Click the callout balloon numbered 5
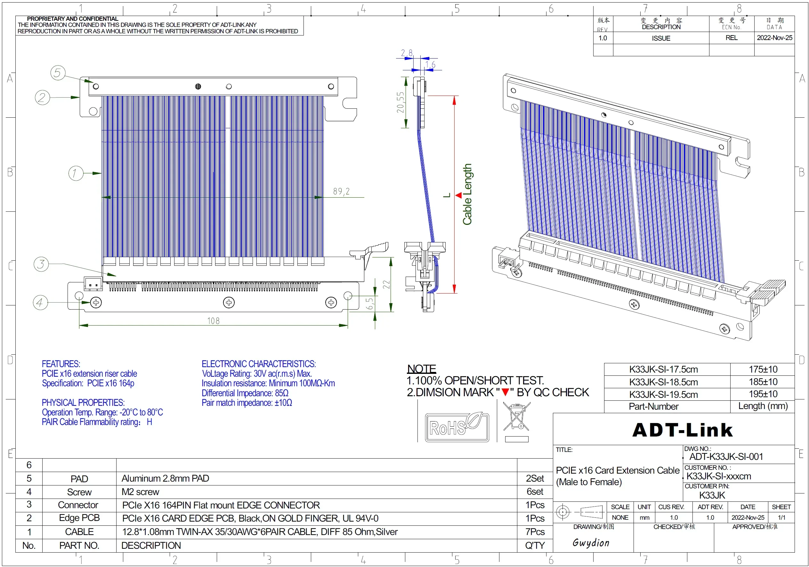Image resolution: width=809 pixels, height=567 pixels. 58,73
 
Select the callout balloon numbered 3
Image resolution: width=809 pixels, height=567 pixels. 41,264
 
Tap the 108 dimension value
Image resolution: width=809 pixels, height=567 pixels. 213,321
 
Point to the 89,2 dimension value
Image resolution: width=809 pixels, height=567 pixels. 341,192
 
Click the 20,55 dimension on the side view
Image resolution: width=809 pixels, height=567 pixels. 400,102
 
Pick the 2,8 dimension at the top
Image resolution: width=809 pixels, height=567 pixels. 406,53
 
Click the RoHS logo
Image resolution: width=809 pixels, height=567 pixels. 457,427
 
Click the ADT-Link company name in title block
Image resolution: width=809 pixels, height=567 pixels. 683,430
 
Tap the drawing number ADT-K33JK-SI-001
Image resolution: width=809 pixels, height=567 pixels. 726,456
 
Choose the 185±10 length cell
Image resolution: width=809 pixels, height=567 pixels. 763,382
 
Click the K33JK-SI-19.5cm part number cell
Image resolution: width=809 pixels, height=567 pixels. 663,395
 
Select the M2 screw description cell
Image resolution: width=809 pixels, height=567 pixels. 140,492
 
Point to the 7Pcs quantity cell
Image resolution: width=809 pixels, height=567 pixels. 535,532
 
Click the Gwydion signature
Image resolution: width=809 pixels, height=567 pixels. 591,543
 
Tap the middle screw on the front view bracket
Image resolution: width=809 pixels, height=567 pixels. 229,302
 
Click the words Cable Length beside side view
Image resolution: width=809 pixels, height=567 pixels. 467,194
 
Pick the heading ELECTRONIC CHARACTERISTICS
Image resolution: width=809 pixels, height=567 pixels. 259,364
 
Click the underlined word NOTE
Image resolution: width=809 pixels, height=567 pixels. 421,368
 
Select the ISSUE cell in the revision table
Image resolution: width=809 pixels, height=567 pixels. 661,38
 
